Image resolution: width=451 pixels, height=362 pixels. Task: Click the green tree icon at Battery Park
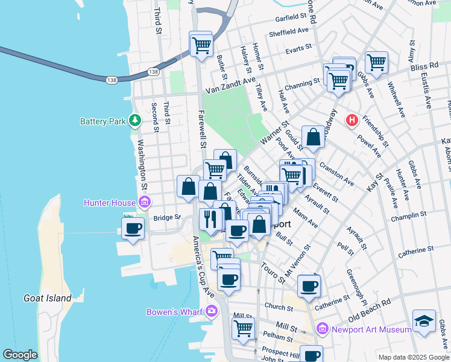(x=136, y=121)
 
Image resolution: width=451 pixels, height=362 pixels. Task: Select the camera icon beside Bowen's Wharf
(x=211, y=311)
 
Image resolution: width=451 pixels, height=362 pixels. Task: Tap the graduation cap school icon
(x=423, y=321)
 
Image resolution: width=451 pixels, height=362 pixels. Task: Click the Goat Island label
(x=48, y=298)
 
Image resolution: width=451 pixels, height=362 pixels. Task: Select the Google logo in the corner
(x=20, y=355)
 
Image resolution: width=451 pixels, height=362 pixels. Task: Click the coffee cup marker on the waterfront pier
(x=133, y=228)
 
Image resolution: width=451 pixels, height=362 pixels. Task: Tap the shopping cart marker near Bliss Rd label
(x=376, y=62)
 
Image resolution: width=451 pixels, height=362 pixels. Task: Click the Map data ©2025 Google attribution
(x=413, y=357)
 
